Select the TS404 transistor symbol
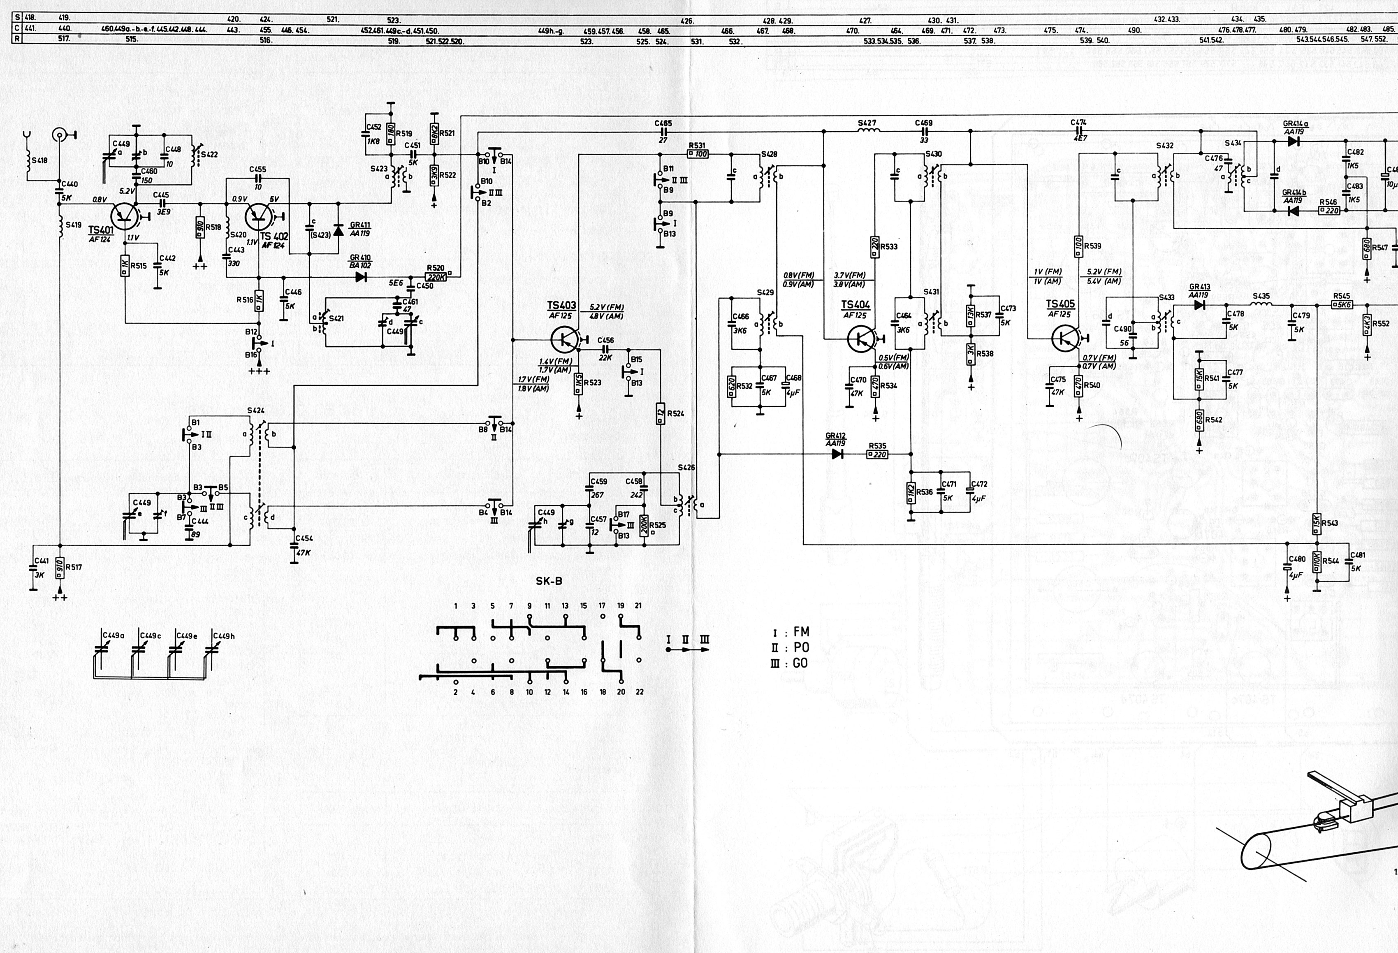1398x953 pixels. (860, 339)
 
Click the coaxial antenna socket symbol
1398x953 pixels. (60, 134)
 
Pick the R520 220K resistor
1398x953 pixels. (435, 277)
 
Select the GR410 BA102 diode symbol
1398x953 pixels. (361, 277)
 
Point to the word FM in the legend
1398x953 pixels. (801, 632)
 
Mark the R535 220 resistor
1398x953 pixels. (878, 454)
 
